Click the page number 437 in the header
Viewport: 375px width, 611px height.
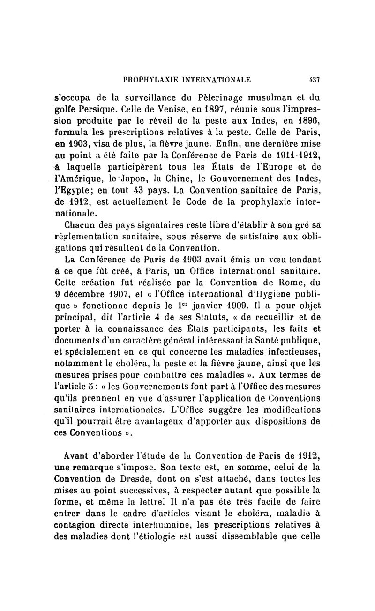click(x=314, y=80)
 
